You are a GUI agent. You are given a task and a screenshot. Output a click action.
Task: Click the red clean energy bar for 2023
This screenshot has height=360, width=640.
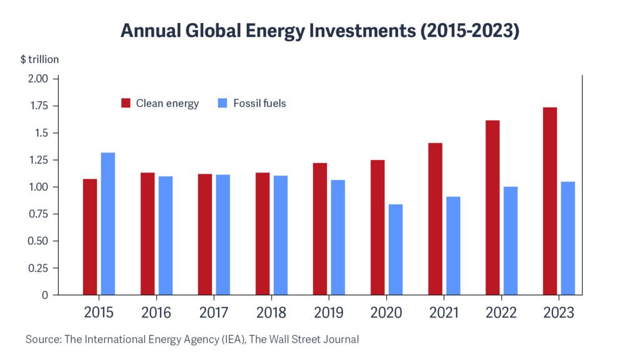550,201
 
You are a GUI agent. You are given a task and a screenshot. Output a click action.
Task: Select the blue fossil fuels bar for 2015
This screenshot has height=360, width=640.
108,223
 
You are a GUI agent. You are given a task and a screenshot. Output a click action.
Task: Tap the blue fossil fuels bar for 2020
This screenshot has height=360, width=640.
395,249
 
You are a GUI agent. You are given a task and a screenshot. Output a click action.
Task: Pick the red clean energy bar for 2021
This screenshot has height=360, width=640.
435,219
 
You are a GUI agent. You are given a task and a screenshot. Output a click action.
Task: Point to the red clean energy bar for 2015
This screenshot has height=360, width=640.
90,237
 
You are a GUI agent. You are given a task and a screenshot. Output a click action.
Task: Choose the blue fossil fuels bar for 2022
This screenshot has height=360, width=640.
511,241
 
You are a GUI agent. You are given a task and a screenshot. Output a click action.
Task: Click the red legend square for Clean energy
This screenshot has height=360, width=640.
126,103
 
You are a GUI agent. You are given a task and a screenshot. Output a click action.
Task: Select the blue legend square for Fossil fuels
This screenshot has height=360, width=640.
223,103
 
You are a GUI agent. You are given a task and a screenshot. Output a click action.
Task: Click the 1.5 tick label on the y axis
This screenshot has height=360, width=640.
41,133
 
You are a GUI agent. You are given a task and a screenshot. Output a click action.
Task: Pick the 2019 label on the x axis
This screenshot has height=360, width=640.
329,312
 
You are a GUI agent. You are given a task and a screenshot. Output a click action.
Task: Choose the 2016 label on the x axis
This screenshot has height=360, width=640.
156,312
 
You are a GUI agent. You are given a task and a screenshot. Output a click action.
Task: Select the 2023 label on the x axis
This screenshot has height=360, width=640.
559,312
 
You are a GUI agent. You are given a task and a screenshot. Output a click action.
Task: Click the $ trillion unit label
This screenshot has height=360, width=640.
39,59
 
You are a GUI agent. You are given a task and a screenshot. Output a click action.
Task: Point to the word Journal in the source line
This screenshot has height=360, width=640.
341,339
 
